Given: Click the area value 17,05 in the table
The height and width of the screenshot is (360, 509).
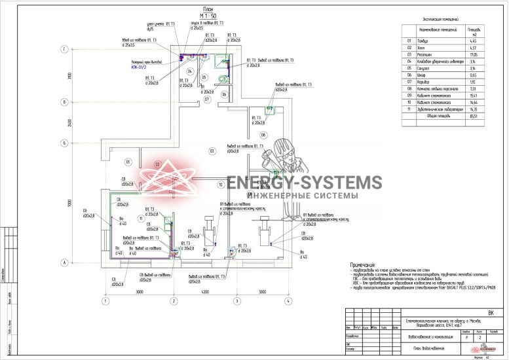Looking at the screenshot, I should (472, 54).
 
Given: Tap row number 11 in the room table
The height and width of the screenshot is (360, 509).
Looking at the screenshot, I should (408, 109).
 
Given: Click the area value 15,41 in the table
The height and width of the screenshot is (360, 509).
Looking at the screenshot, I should (472, 95).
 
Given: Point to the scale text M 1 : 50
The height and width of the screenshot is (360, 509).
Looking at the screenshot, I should (208, 15).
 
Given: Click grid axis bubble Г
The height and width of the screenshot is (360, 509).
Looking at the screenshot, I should (65, 49).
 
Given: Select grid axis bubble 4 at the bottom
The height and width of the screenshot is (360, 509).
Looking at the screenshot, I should (287, 302).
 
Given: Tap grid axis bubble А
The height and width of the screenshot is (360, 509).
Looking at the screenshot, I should (65, 263).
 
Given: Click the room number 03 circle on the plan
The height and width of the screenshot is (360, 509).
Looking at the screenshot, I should (212, 151).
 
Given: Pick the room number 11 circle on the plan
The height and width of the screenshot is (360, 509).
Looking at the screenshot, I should (141, 218).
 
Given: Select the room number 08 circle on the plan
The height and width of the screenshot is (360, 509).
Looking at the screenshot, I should (263, 134).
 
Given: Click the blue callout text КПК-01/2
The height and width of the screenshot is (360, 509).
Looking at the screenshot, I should (141, 66).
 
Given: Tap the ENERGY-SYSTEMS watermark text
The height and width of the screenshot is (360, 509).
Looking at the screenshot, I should (305, 183).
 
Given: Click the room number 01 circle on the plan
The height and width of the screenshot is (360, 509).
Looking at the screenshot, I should (128, 161).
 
